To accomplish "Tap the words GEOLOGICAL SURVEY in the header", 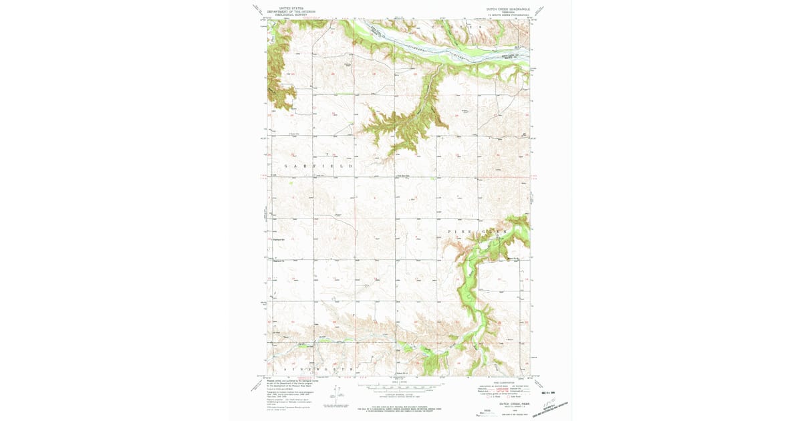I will pos(291,14).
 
